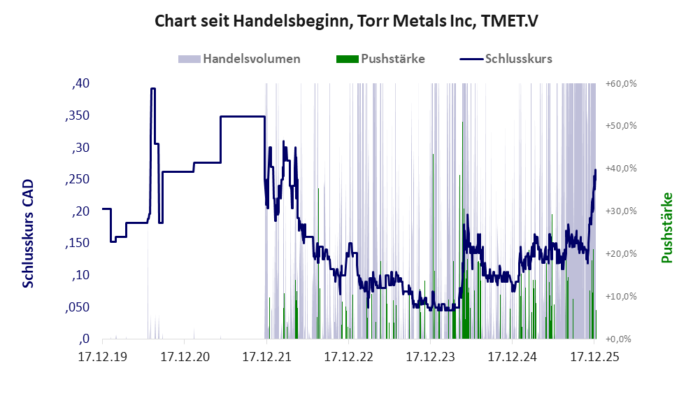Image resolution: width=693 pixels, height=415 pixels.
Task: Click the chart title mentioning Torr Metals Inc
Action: [346, 22]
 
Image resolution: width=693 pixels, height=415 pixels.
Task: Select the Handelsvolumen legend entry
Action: [252, 59]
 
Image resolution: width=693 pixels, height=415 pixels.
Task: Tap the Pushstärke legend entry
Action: [392, 59]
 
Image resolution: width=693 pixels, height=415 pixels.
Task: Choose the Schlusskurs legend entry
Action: [517, 59]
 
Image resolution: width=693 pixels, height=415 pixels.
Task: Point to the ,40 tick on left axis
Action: [80, 84]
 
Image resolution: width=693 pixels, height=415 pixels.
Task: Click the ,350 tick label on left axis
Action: [77, 116]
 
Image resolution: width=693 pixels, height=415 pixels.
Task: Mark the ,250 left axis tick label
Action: [77, 180]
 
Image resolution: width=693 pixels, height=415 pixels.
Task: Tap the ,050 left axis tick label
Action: [77, 307]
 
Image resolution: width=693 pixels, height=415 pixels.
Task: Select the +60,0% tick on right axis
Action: [621, 84]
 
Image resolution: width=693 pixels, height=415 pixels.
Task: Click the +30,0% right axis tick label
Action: [621, 211]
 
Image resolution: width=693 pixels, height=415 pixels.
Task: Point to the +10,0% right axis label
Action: [621, 296]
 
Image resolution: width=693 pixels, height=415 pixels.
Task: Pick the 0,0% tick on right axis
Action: [622, 339]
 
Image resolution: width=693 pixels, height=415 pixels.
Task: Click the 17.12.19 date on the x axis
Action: [102, 357]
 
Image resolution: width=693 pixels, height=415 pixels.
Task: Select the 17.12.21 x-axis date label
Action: [266, 357]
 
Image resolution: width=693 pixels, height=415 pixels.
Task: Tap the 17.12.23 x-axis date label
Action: [429, 357]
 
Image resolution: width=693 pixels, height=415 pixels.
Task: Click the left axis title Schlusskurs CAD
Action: [29, 233]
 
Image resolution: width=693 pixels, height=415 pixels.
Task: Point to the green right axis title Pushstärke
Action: [666, 227]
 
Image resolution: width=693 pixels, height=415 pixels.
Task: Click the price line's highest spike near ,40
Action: [152, 89]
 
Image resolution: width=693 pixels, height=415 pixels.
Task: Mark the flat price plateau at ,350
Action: [242, 116]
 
